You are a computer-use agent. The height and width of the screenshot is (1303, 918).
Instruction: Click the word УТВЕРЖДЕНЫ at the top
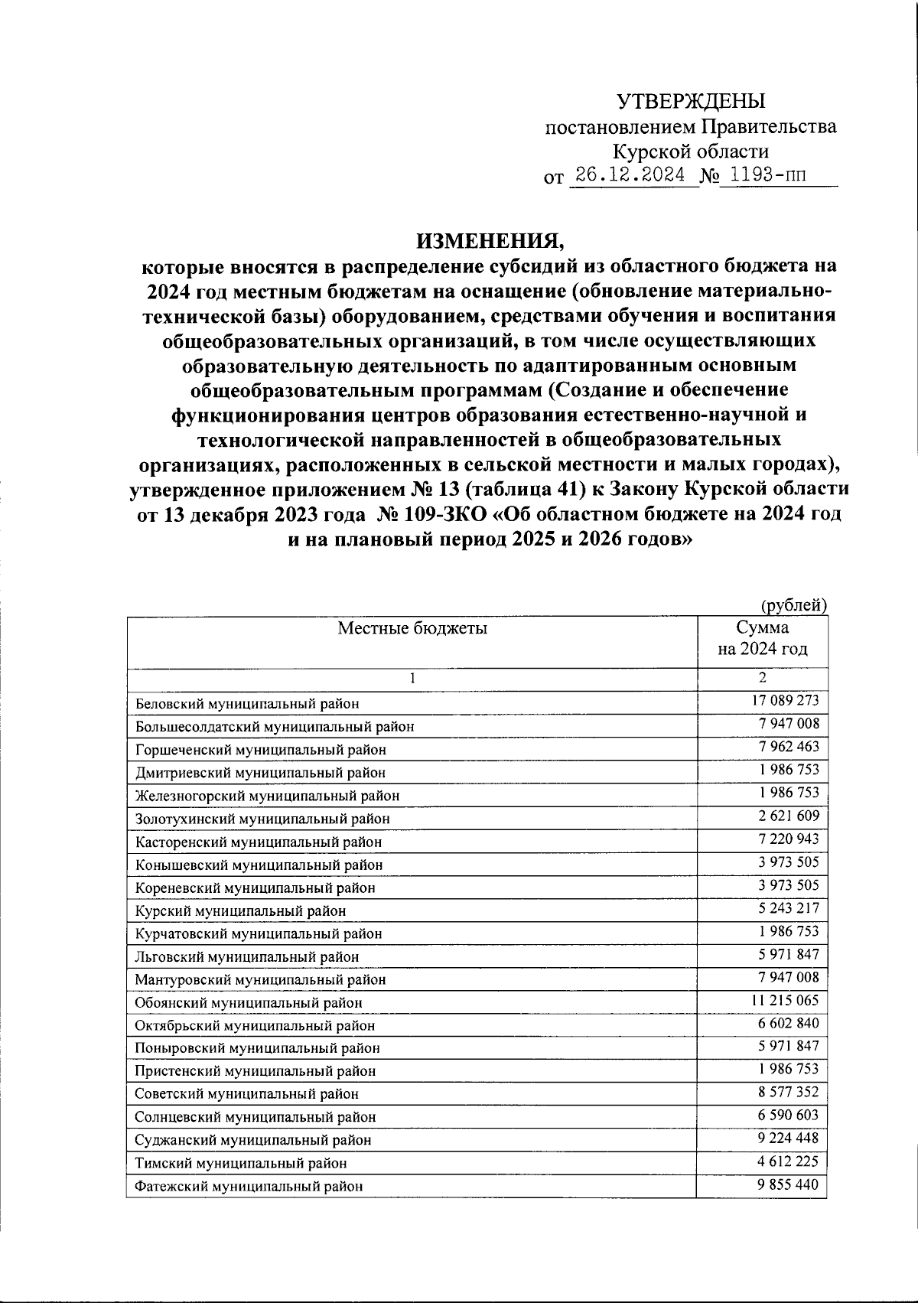[690, 101]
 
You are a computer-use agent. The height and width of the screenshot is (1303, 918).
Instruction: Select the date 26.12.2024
[630, 175]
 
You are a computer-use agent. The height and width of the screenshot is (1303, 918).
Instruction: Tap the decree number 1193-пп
[767, 175]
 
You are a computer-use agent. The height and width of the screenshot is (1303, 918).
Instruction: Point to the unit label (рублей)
[793, 605]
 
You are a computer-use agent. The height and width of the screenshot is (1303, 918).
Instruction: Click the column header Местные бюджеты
[412, 629]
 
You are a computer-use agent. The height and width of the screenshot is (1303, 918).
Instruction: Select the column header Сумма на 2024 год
[762, 639]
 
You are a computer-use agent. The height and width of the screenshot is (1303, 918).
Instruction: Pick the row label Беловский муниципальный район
[246, 703]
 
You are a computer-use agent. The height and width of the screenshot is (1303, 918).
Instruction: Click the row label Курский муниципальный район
[240, 910]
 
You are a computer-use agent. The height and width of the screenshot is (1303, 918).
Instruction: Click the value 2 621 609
[788, 816]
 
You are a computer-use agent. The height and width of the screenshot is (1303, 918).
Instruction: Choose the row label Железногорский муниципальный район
[267, 796]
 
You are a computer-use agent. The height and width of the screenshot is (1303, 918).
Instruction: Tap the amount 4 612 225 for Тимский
[788, 1161]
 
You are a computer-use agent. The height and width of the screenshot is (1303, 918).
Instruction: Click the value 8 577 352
[788, 1093]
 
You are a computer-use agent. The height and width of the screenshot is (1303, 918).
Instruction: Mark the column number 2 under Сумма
[762, 678]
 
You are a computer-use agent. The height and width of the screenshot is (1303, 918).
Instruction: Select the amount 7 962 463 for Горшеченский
[788, 746]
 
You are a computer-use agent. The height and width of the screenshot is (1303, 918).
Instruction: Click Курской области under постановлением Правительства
[691, 151]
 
